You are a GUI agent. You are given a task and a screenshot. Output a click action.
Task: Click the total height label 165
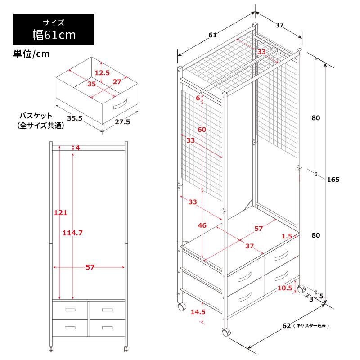[x=333, y=180]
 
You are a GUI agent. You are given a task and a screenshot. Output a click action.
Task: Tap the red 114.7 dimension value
[x=72, y=233]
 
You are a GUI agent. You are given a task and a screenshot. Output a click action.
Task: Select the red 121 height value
[x=61, y=212]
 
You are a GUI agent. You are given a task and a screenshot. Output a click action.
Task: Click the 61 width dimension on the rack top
[x=212, y=35]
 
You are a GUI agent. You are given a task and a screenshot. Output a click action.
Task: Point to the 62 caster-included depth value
[x=287, y=326]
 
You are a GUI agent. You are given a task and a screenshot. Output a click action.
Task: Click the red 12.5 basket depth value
[x=103, y=73]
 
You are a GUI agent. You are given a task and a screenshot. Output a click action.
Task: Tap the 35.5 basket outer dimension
[x=75, y=118]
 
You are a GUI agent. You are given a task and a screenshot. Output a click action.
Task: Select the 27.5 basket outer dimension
[x=122, y=122]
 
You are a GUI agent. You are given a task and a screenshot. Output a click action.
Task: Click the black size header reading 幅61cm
[x=54, y=29]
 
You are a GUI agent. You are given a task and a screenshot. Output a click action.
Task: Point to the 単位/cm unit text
[x=31, y=54]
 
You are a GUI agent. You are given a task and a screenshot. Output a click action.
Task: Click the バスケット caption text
[x=36, y=116]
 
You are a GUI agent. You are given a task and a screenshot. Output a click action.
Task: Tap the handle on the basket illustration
[x=120, y=104]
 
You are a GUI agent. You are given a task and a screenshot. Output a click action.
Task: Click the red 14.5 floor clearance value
[x=198, y=312]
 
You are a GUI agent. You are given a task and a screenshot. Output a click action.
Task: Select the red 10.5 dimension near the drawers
[x=285, y=288]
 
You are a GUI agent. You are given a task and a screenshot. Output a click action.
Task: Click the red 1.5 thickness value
[x=287, y=236]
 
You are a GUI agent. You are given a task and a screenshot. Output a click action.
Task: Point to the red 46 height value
[x=202, y=225]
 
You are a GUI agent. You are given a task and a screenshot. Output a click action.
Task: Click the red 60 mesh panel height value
[x=202, y=130]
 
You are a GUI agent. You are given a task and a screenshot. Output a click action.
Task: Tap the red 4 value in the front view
[x=77, y=148]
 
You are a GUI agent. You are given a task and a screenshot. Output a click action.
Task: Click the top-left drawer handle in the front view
[x=70, y=310]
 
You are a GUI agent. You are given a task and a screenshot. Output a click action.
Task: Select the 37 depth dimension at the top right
[x=279, y=25]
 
